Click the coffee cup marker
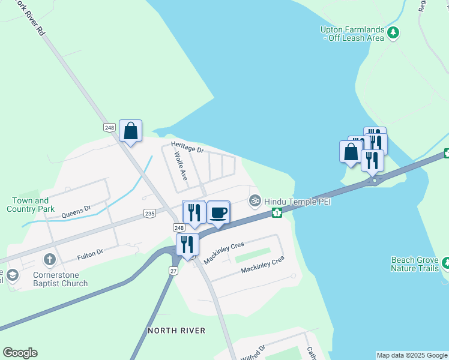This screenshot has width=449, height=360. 218,212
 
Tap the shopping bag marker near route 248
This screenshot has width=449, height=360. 130,131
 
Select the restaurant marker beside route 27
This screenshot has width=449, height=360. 187,245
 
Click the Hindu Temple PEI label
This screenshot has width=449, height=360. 298,201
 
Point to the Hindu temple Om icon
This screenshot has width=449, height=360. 255,200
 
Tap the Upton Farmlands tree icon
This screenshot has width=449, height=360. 393,32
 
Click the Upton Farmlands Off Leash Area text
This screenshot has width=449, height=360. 352,34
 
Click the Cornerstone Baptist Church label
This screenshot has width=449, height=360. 61,279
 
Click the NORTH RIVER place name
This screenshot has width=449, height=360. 176,331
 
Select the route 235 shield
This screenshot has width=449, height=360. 149,213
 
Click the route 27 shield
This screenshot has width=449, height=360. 173,271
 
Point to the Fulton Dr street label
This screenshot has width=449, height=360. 91,256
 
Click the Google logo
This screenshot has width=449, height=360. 20,353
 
